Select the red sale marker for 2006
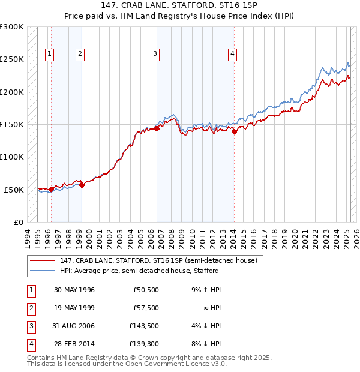point(157,128)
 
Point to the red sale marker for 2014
point(234,132)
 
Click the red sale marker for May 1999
point(82,185)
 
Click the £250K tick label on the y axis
point(12,59)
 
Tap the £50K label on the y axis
point(14,190)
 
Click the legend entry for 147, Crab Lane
point(158,260)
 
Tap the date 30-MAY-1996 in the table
point(74,290)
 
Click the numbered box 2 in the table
point(31,308)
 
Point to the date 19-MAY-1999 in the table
point(74,308)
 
